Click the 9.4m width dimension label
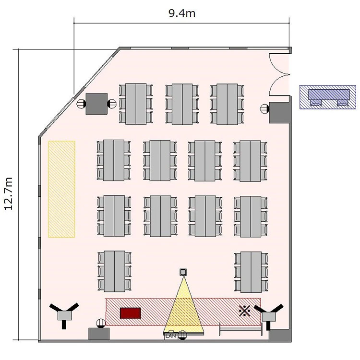tap(182, 13)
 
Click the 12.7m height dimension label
tap(9, 193)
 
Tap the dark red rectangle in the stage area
tap(131, 313)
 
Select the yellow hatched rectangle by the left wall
tap(61, 189)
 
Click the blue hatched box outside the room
tap(328, 97)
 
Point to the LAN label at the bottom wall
tap(170, 336)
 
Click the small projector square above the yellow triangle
tap(183, 272)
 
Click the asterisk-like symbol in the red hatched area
tap(244, 311)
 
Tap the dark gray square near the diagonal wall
tap(96, 104)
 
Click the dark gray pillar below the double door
tap(279, 113)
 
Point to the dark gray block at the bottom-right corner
tap(279, 336)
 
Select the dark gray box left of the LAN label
tap(99, 334)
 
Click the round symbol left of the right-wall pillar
tap(264, 108)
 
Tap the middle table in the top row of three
tap(182, 104)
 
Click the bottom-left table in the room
tap(115, 271)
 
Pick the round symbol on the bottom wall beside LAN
tap(182, 335)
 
